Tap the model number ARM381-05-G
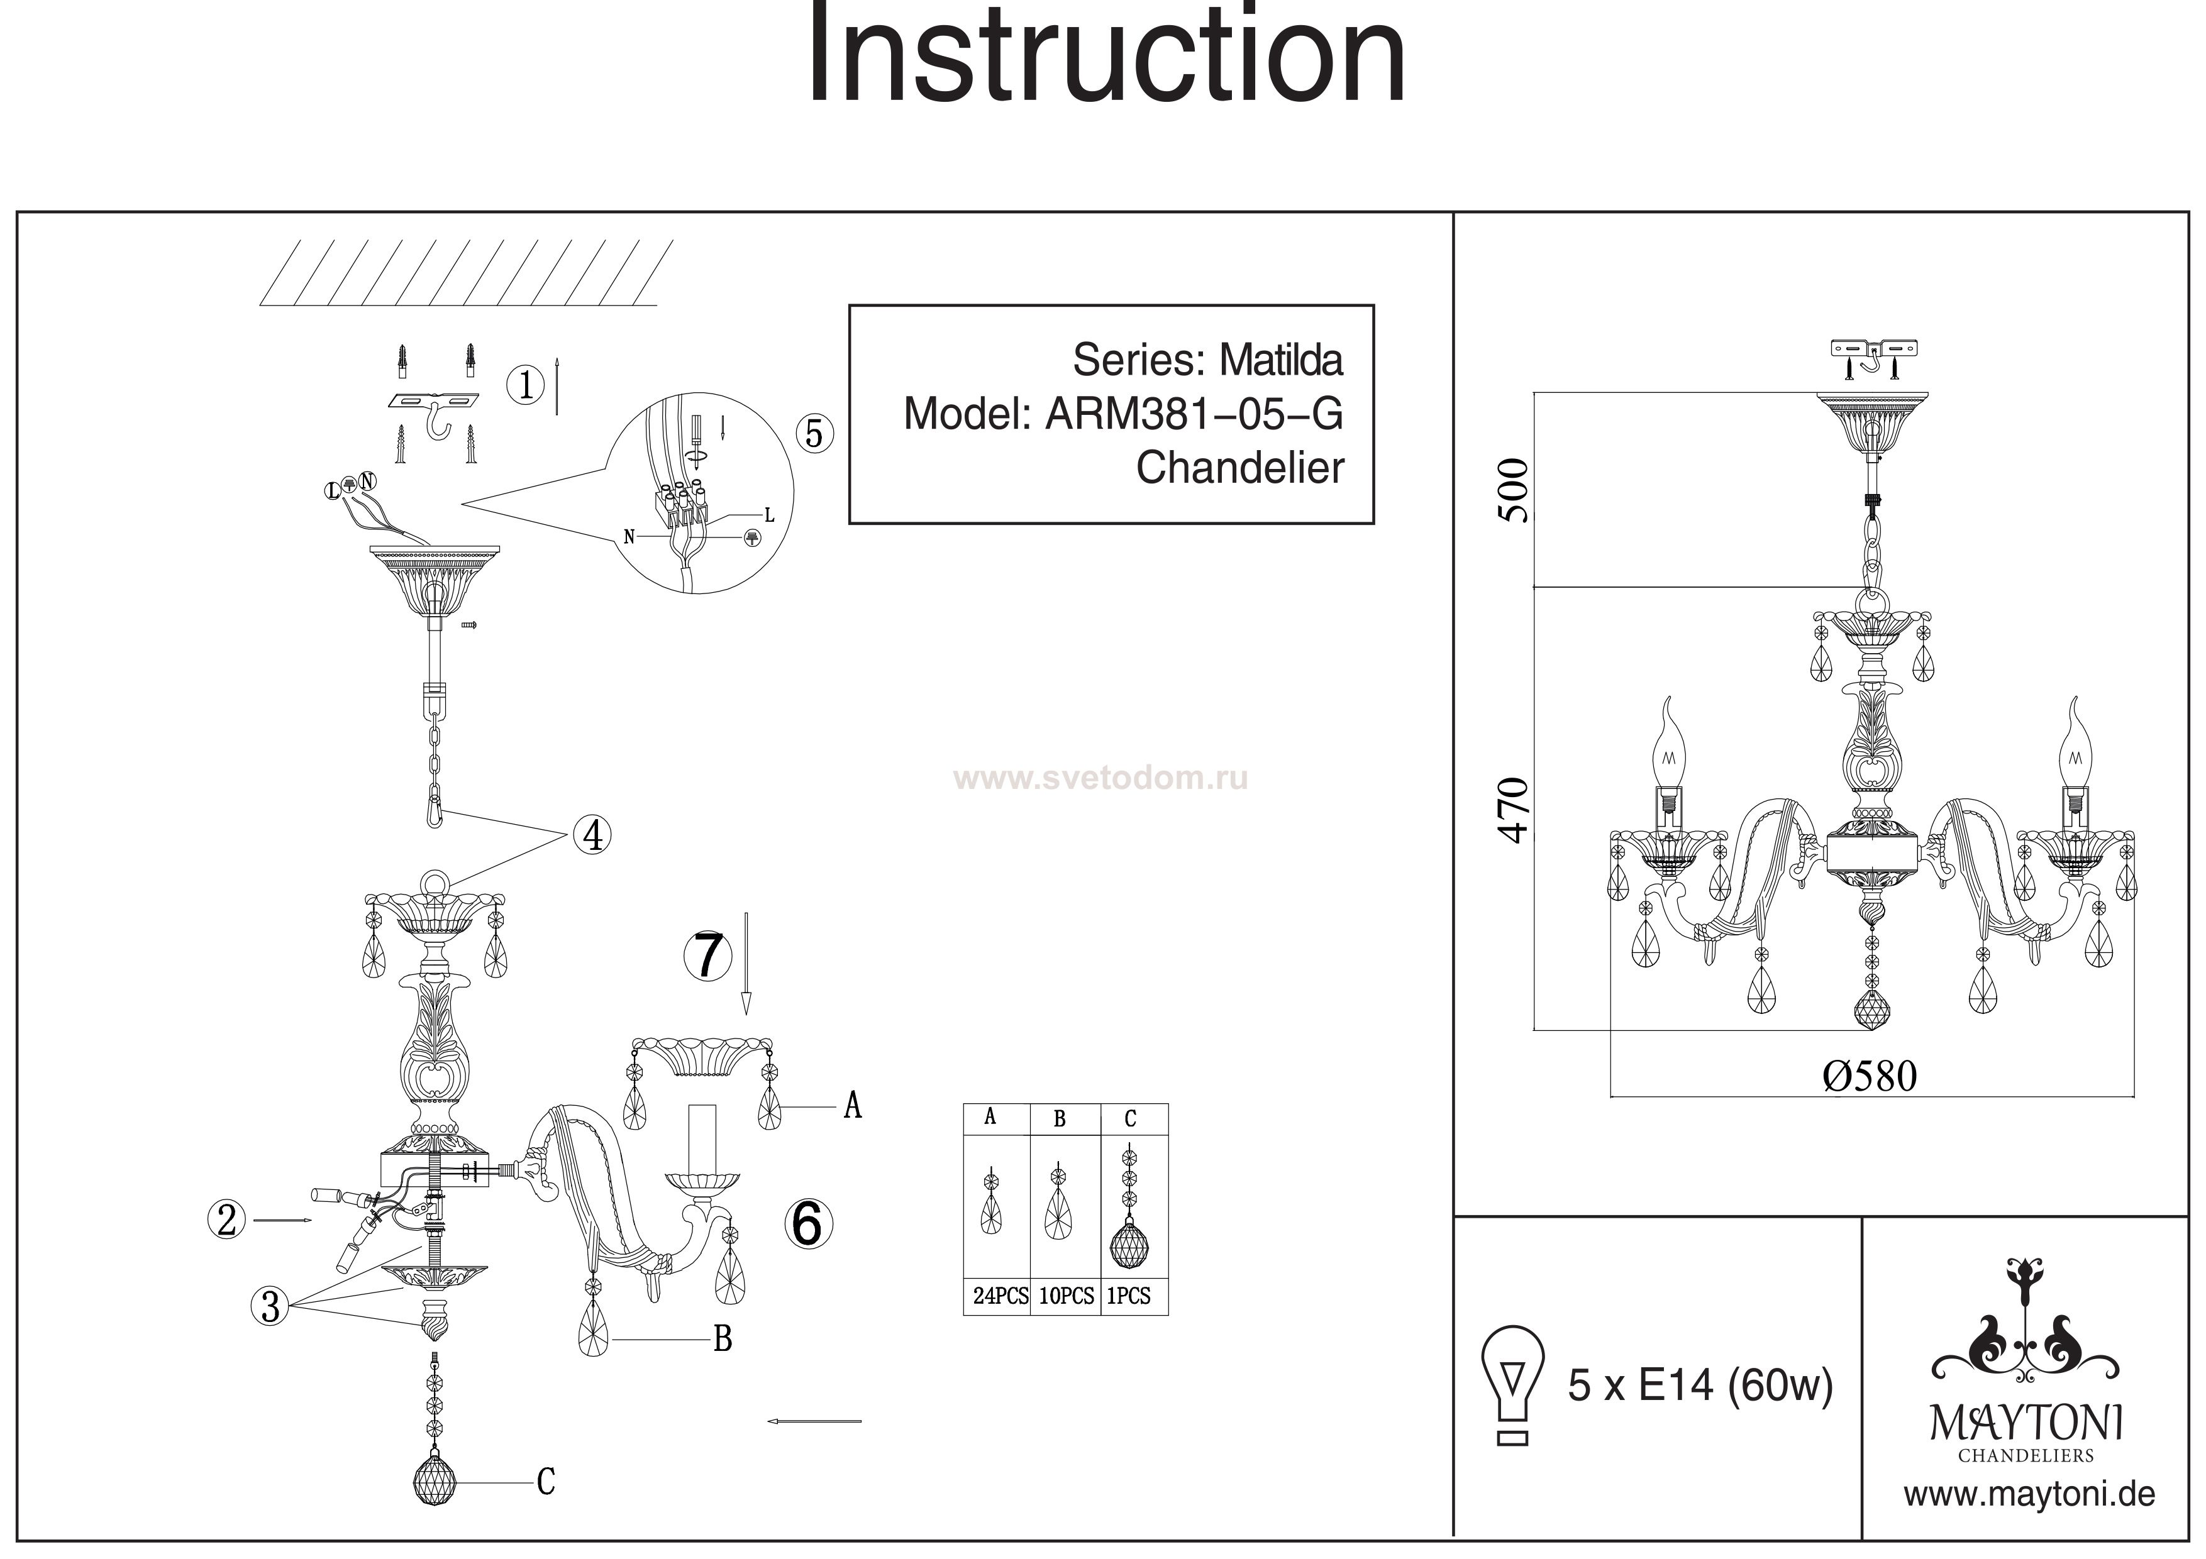pyautogui.click(x=1194, y=414)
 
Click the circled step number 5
pyautogui.click(x=814, y=434)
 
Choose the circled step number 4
pyautogui.click(x=593, y=835)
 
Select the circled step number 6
pyautogui.click(x=808, y=1224)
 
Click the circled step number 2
pyautogui.click(x=227, y=1220)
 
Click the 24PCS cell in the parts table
pyautogui.click(x=1000, y=1296)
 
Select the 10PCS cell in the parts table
pyautogui.click(x=1065, y=1296)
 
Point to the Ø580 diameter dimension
pyautogui.click(x=1870, y=1077)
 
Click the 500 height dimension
pyautogui.click(x=1514, y=490)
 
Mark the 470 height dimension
pyautogui.click(x=1514, y=810)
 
